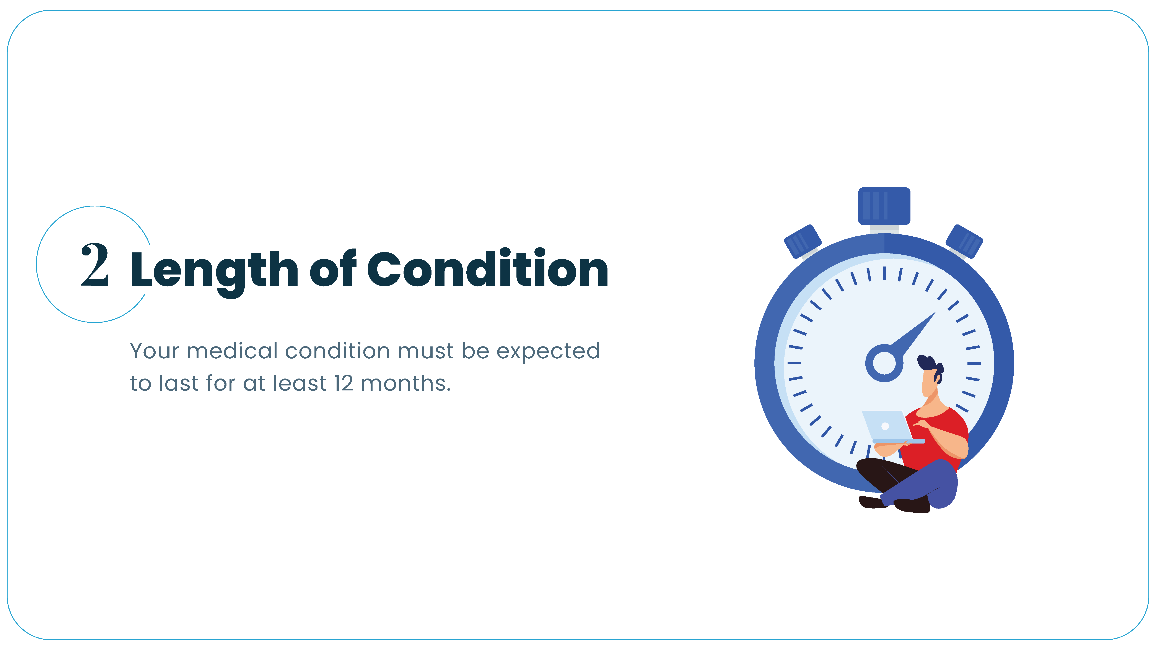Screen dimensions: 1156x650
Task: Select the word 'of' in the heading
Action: [333, 268]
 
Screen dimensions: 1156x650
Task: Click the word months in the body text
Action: [406, 383]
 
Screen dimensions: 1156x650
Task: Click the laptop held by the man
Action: [891, 427]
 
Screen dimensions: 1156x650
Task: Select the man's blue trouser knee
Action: [942, 484]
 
